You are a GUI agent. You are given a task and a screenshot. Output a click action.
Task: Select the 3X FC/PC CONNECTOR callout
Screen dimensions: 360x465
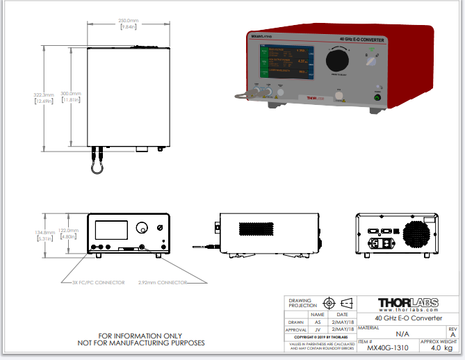[x=99, y=282]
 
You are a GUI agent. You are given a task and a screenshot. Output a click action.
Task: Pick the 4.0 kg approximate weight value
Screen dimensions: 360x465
[x=441, y=348]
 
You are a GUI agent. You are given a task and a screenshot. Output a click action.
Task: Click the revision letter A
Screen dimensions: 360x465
[x=452, y=334]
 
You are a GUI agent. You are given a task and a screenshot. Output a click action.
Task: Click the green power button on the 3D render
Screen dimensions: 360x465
[x=377, y=97]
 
